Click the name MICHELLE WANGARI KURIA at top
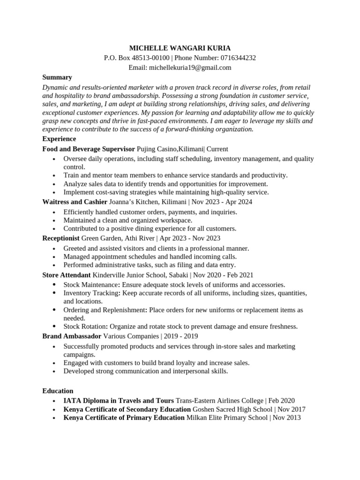(180, 48)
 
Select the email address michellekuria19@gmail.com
(190, 67)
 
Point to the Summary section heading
(57, 77)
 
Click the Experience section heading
(59, 139)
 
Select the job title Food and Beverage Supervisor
(89, 149)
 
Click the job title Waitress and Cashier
(75, 202)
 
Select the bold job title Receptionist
(61, 238)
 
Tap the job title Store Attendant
(66, 275)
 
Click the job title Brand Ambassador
(72, 336)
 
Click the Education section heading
(58, 391)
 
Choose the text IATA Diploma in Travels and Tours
(119, 400)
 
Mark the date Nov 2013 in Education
(287, 418)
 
